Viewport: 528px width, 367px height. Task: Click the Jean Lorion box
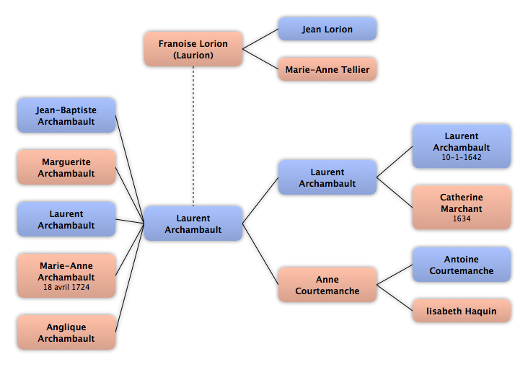[327, 29]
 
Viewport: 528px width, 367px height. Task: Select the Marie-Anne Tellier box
[327, 69]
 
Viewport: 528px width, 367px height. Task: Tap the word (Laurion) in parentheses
[193, 56]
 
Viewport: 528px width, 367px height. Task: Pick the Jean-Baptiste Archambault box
[66, 115]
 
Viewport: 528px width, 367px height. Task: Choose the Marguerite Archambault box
[66, 167]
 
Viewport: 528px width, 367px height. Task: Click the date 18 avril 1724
[66, 287]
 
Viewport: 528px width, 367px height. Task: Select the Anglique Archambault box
[66, 332]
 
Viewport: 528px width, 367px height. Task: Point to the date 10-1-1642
[462, 157]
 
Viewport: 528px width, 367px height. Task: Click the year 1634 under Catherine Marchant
[462, 218]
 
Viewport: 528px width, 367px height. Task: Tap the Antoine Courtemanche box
[462, 265]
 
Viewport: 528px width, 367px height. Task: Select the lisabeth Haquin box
[462, 311]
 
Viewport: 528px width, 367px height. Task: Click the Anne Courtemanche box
[327, 285]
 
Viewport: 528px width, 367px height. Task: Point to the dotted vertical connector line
[193, 136]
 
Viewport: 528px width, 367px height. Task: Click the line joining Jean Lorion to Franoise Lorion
[260, 39]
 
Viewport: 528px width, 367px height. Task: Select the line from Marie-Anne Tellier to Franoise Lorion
[260, 60]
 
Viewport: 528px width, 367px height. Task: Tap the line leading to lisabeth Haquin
[395, 298]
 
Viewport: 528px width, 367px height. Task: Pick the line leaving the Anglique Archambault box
[130, 278]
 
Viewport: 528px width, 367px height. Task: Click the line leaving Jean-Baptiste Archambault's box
[130, 169]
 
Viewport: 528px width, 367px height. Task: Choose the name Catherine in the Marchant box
[462, 197]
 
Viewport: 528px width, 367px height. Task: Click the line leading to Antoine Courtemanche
[395, 275]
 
